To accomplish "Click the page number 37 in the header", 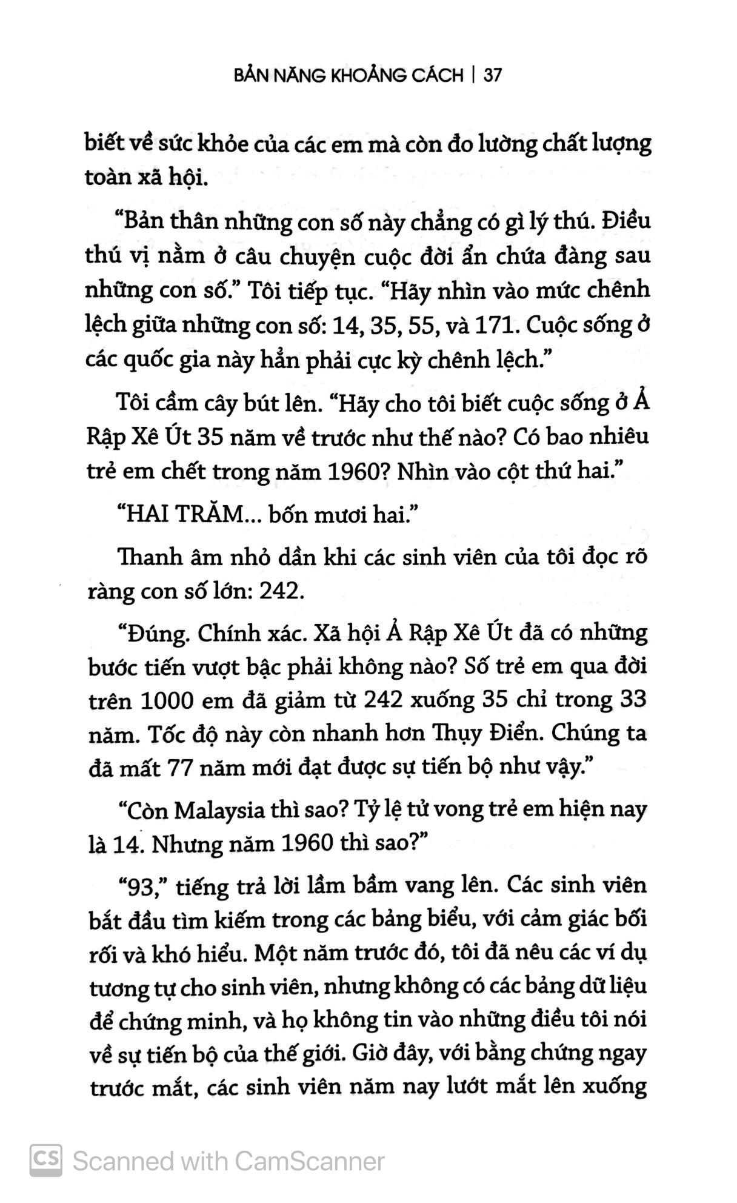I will coord(493,75).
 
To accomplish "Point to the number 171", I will coord(492,326).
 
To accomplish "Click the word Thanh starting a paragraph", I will coord(146,556).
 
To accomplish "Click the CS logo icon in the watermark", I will coord(45,1161).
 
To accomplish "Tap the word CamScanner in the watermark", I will coord(309,1161).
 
